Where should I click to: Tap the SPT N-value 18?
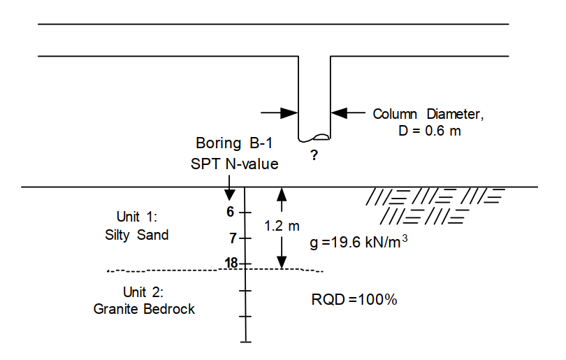coord(231,263)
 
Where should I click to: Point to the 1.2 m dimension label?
coord(282,226)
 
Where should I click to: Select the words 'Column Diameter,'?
coord(428,114)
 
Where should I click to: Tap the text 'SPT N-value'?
coord(234,164)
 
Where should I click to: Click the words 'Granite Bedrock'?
coord(144,308)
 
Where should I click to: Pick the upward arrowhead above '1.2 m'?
coord(282,195)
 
